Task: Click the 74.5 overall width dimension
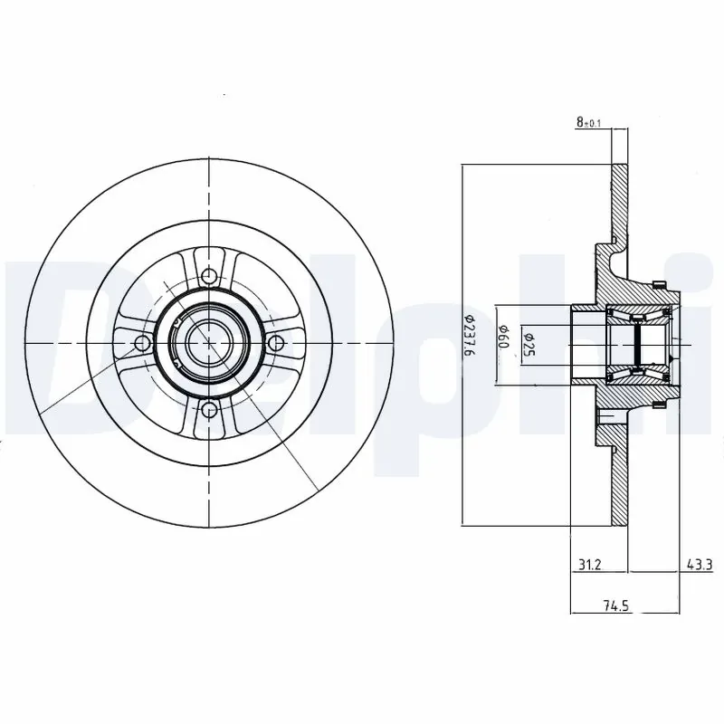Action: pos(616,606)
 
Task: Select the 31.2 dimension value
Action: pos(589,564)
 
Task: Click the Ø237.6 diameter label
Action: pos(470,343)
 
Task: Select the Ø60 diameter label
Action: pos(507,344)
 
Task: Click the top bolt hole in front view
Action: pos(210,277)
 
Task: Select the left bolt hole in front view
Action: pos(141,344)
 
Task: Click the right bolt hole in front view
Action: pos(278,344)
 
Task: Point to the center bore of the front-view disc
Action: pos(210,344)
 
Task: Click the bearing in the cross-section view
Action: pos(638,345)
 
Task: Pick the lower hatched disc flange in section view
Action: pos(620,484)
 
